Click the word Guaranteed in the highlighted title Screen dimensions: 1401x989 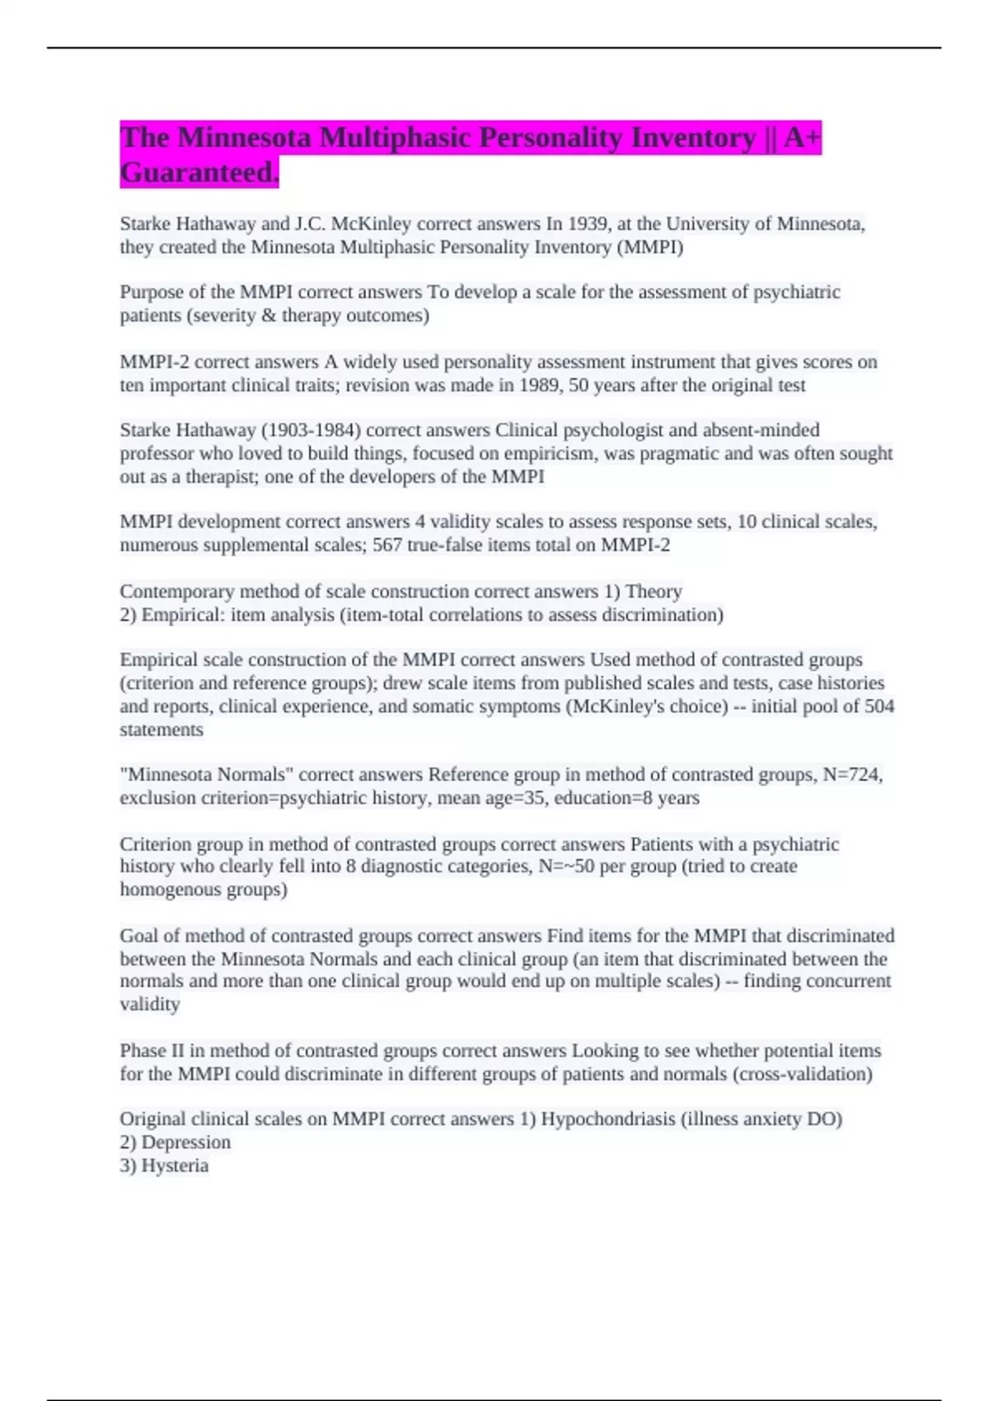(x=199, y=172)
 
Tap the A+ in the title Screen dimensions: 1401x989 (x=802, y=137)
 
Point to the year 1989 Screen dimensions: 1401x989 (x=539, y=385)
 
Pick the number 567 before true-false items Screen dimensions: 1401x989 (x=387, y=545)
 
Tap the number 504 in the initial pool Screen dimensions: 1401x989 (x=879, y=705)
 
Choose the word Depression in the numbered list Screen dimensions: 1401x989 (x=185, y=1141)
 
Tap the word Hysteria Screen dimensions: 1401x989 (x=175, y=1164)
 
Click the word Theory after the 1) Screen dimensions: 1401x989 (x=654, y=591)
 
